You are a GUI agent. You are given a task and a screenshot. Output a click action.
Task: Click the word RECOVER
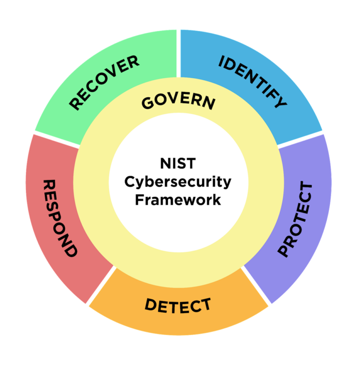coord(104,82)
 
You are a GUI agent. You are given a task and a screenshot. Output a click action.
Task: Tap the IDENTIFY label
coord(252,82)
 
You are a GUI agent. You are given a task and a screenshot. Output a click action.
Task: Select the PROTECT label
coord(295,219)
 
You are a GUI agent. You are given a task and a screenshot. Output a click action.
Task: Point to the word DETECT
coord(178,306)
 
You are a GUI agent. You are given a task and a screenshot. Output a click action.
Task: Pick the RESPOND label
coord(60,219)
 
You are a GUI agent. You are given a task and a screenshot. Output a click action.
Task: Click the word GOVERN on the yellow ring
coord(178,102)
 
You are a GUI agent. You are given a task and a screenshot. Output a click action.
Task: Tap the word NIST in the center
coord(178,163)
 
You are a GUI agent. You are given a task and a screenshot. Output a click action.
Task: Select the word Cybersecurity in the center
coord(178,182)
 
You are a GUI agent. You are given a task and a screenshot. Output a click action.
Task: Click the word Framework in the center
coord(178,200)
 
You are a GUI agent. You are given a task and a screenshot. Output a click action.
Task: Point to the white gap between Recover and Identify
coord(178,53)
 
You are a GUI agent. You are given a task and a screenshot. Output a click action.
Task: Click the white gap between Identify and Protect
coord(300,140)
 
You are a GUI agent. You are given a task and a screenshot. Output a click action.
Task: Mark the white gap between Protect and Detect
coord(256,286)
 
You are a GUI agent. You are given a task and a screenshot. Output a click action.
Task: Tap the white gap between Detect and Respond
coord(101,285)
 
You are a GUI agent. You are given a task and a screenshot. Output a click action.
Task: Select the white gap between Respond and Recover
coord(56,140)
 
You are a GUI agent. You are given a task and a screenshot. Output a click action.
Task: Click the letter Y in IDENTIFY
coord(280,101)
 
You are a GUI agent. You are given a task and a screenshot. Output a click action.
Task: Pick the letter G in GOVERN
coord(147,103)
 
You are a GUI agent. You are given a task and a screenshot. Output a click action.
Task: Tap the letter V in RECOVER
coord(114,71)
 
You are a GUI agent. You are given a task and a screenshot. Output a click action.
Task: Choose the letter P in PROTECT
coord(283,251)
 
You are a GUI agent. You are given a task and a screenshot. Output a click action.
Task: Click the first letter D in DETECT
coord(151,304)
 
